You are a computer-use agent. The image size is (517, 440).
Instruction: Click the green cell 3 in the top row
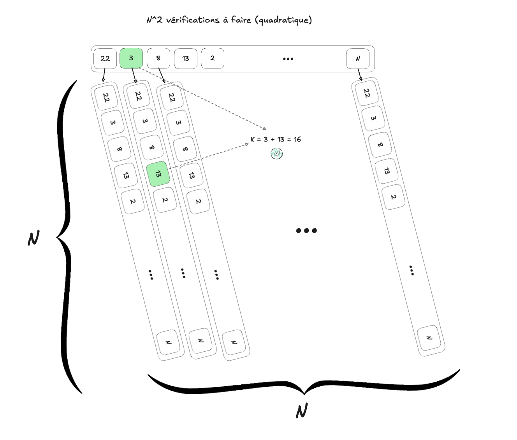point(131,58)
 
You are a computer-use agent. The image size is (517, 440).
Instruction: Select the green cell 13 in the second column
point(158,174)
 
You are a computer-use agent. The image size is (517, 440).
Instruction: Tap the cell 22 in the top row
point(105,59)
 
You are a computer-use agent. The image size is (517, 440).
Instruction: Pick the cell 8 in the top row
point(158,58)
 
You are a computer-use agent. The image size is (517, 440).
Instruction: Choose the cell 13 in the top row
point(186,59)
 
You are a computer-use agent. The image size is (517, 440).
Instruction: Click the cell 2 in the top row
point(213,58)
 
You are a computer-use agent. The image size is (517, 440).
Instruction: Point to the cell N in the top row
point(358,59)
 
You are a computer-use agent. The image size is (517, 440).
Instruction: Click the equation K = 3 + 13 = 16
point(276,139)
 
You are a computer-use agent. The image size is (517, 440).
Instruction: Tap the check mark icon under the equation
point(276,154)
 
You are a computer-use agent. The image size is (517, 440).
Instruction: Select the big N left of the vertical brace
point(34,238)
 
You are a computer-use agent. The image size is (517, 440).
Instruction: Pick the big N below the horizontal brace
point(302,411)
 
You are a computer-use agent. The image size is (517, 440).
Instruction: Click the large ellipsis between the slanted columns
point(306,230)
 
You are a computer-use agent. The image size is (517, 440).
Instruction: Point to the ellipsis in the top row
point(288,59)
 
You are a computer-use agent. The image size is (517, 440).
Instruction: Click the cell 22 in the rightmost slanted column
point(366,93)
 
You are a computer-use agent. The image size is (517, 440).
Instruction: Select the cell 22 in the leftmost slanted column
point(106,97)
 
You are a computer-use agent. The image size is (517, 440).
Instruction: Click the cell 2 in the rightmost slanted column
point(393,197)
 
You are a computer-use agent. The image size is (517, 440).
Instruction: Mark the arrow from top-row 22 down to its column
point(104,75)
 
